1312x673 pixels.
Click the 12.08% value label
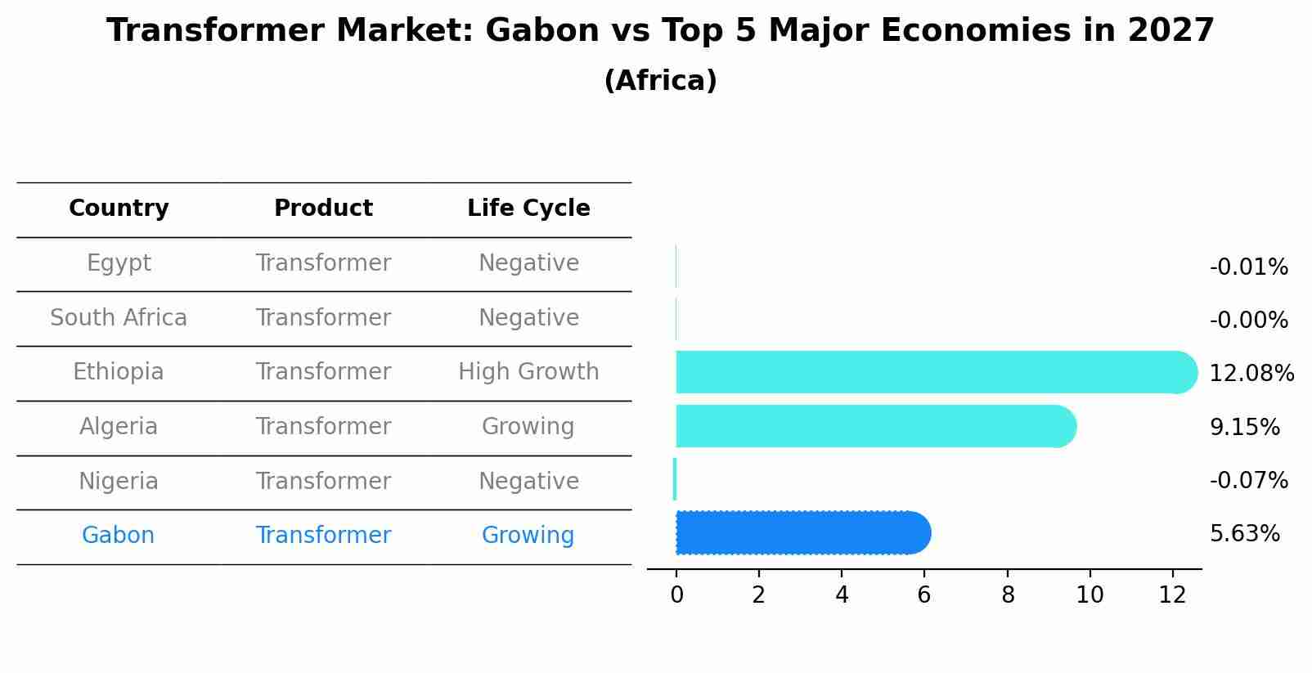pyautogui.click(x=1251, y=374)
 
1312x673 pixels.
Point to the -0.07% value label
pyautogui.click(x=1248, y=481)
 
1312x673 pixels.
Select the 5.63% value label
pyautogui.click(x=1244, y=534)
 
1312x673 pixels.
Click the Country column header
pyautogui.click(x=119, y=209)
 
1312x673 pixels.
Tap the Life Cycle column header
pyautogui.click(x=528, y=209)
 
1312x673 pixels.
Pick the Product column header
pyautogui.click(x=323, y=209)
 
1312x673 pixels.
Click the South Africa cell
pyautogui.click(x=119, y=318)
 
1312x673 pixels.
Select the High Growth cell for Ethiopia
pyautogui.click(x=528, y=372)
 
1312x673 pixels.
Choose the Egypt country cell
pyautogui.click(x=119, y=263)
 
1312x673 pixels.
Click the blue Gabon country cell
pyautogui.click(x=119, y=536)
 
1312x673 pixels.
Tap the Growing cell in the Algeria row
pyautogui.click(x=528, y=427)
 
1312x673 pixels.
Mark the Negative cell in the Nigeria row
pyautogui.click(x=528, y=482)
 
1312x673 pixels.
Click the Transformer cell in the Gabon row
pyautogui.click(x=323, y=536)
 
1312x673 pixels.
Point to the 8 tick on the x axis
pyautogui.click(x=1008, y=595)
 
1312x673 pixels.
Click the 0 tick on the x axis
pyautogui.click(x=676, y=595)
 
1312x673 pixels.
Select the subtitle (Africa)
pyautogui.click(x=660, y=81)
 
